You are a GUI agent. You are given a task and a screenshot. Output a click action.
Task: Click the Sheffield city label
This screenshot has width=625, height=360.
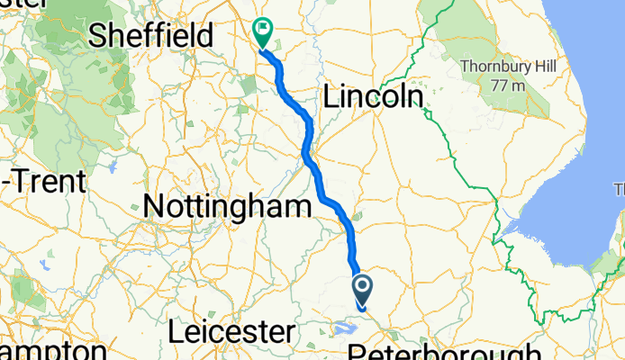tap(151, 36)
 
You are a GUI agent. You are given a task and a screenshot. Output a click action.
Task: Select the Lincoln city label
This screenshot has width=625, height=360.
tap(373, 96)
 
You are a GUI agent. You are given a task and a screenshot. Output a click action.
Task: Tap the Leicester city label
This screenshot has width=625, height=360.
tap(231, 332)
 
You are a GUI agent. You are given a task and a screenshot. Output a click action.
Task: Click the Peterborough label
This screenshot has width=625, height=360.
tap(445, 351)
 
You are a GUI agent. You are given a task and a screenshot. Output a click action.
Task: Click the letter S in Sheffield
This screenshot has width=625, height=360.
tap(98, 36)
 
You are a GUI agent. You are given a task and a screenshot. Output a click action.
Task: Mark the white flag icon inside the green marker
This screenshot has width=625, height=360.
tap(264, 29)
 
